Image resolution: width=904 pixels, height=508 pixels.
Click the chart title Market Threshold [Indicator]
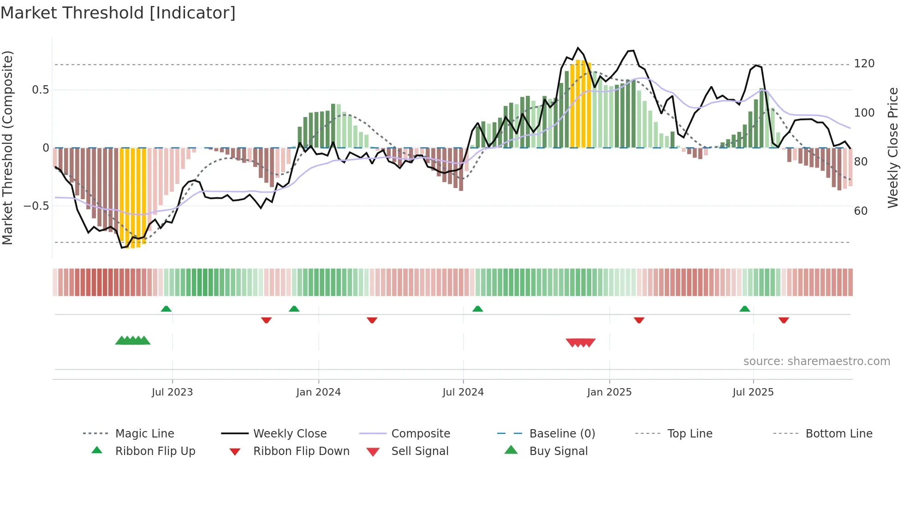tap(118, 13)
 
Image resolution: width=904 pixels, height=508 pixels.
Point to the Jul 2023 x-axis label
tap(172, 392)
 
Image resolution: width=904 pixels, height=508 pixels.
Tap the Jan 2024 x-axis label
tap(318, 392)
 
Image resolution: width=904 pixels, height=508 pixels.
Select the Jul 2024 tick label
tap(463, 392)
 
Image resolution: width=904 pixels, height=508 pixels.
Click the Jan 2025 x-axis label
tap(609, 392)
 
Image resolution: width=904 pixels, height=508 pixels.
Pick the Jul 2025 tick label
tap(753, 392)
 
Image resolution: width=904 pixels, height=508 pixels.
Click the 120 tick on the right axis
tap(864, 64)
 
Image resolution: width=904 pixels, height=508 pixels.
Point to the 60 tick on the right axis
tap(861, 211)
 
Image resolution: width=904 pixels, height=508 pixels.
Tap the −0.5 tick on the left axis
tap(36, 206)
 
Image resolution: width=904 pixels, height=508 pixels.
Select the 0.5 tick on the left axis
tap(40, 90)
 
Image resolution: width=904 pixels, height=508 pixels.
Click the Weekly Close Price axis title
tap(893, 148)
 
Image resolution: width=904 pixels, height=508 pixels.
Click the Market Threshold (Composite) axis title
tap(7, 148)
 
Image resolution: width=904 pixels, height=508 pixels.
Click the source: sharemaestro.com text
tap(816, 361)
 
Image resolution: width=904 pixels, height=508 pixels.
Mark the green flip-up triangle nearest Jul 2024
tap(478, 309)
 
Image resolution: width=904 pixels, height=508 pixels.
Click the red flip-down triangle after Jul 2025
tap(784, 320)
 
